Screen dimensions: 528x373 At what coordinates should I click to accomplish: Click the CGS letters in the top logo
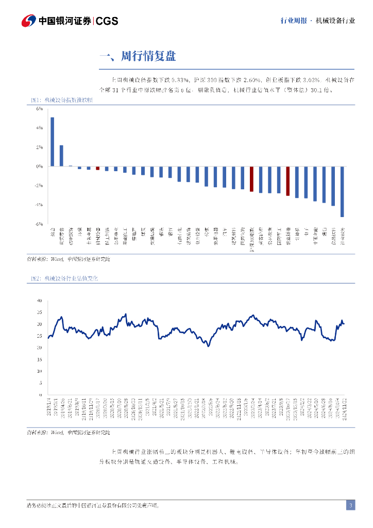coord(107,21)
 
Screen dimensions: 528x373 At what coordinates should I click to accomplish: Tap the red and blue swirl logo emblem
coord(28,21)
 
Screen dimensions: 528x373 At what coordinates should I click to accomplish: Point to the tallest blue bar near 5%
coord(52,142)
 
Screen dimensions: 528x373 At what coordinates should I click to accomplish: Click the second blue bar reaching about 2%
coord(61,156)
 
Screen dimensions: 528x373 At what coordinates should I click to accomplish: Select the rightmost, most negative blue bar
coord(342,191)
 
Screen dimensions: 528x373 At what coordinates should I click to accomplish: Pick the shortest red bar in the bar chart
coord(97,168)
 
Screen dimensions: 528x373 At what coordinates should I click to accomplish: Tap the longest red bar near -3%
coord(288,181)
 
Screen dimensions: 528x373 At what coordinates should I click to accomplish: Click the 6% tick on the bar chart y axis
coord(39,109)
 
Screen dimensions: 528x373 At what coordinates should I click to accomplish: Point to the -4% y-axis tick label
coord(39,205)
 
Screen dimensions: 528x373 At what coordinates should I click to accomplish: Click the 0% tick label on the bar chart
coord(40,167)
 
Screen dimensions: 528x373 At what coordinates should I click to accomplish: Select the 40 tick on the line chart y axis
coord(39,300)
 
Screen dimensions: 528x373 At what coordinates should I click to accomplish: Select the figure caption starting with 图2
coord(64,278)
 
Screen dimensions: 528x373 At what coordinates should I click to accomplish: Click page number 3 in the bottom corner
coord(350,505)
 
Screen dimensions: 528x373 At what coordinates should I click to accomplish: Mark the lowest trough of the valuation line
coord(208,346)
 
